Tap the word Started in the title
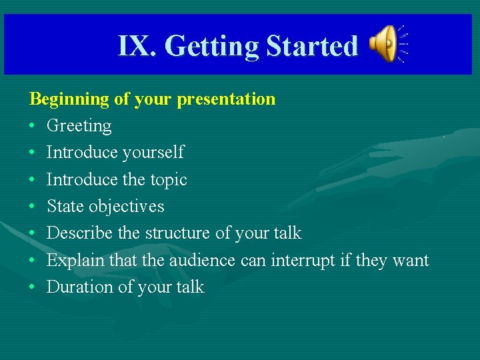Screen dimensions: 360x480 312,46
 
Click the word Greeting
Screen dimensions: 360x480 79,126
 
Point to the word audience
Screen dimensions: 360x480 197,260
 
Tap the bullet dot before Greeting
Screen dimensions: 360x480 33,126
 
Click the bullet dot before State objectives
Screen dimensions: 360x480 33,207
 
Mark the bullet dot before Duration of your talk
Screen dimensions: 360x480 33,287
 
